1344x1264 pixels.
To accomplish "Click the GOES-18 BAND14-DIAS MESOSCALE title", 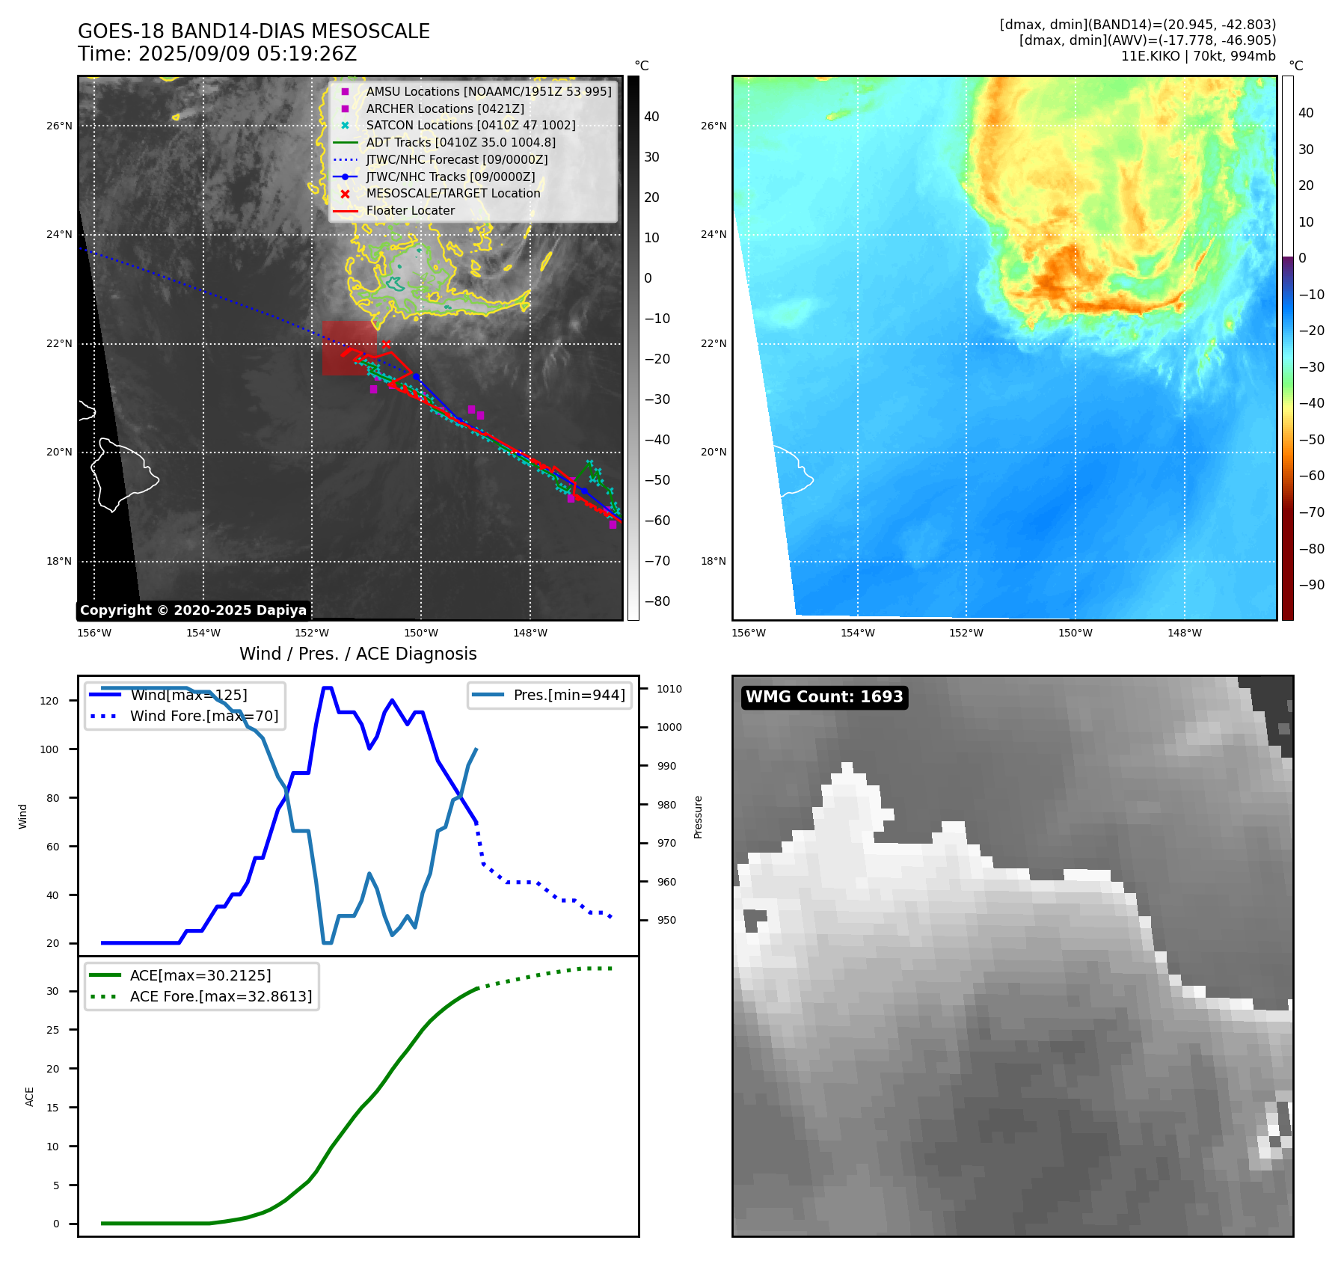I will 254,31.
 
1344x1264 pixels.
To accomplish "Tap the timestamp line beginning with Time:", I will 217,55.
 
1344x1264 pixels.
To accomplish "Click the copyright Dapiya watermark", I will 193,610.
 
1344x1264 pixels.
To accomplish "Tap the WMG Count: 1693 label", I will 824,697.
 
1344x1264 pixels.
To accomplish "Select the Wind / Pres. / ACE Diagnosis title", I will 358,654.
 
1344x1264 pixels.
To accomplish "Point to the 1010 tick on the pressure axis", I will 669,689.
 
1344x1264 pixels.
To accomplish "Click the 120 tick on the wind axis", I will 49,701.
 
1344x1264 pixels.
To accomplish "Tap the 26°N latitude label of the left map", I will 59,126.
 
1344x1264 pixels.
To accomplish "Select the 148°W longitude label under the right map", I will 1185,633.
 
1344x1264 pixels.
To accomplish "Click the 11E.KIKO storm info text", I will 1197,56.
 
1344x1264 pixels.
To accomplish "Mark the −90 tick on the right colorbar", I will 1311,585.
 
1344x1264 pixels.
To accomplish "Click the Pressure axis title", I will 698,817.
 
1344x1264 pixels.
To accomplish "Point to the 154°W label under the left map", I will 203,633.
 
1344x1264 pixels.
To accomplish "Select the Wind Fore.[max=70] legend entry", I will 203,716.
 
